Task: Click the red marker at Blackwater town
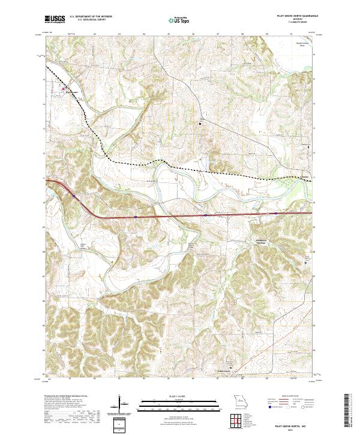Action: click(x=64, y=89)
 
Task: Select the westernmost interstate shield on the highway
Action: click(x=74, y=196)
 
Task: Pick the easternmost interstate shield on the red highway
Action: click(x=275, y=212)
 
